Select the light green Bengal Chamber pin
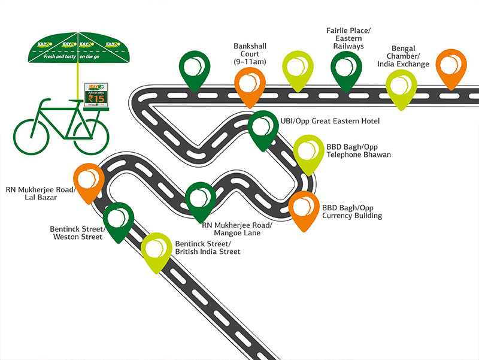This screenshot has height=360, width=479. (402, 86)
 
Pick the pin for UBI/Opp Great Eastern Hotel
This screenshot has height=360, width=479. (263, 126)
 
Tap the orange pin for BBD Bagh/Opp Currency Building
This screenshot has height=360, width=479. (304, 207)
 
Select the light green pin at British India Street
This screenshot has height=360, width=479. (156, 249)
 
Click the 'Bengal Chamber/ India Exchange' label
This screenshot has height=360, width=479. (410, 56)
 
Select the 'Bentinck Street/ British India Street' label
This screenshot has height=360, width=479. (207, 248)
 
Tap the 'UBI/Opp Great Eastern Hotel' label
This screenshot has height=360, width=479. (330, 121)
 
